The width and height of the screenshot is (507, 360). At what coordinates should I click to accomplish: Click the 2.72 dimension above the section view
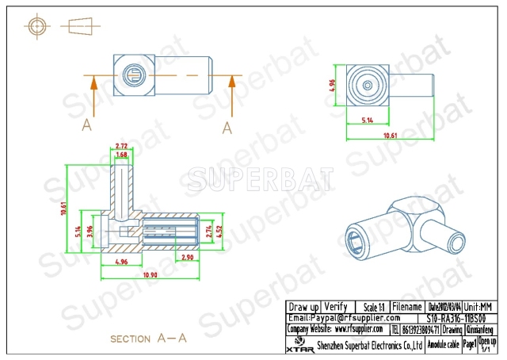(122, 147)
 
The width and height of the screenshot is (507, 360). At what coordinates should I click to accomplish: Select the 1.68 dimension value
(122, 155)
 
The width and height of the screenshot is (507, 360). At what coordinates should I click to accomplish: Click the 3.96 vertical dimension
(91, 231)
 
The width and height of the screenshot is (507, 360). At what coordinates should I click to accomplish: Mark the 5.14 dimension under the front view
(368, 121)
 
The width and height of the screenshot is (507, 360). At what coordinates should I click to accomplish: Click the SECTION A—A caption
(148, 339)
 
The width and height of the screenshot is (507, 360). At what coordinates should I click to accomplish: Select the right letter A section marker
(227, 127)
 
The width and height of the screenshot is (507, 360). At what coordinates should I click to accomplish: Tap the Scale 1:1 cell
(371, 306)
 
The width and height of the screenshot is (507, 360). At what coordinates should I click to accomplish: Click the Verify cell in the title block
(336, 306)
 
